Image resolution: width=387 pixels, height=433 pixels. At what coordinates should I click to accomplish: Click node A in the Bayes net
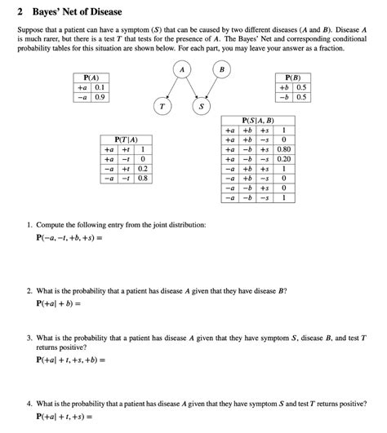(184, 71)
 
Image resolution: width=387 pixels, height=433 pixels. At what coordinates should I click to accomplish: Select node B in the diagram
(219, 71)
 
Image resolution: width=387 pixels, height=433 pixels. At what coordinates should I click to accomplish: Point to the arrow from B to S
(210, 88)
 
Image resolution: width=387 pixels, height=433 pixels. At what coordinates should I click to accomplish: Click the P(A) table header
(91, 77)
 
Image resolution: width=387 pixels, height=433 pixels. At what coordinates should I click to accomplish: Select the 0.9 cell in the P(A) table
(100, 96)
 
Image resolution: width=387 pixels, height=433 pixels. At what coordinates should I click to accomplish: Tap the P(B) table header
(292, 77)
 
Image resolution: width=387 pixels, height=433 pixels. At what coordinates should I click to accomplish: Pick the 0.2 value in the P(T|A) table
(143, 168)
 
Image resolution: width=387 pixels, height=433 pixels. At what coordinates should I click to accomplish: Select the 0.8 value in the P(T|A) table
(143, 177)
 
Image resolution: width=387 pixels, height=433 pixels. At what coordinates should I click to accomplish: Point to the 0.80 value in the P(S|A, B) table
(282, 149)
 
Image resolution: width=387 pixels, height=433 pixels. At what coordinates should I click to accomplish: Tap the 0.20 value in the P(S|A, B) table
(282, 159)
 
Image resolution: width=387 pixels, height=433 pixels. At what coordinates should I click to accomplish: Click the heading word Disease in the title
(101, 12)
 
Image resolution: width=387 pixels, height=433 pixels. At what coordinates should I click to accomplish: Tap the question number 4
(28, 404)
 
